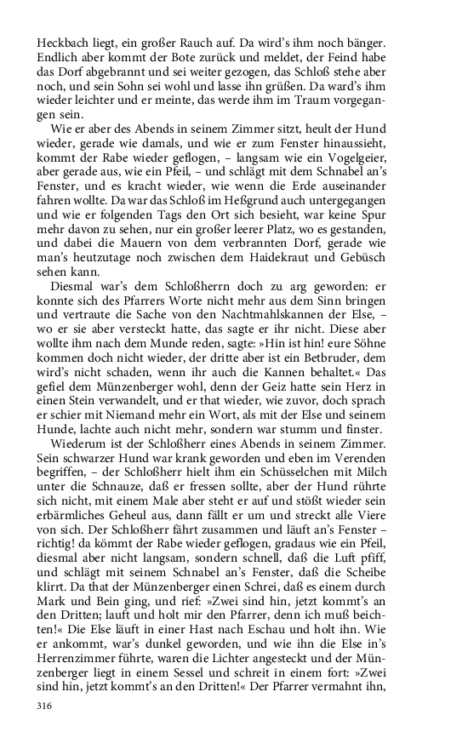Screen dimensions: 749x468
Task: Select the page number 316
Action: click(46, 706)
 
